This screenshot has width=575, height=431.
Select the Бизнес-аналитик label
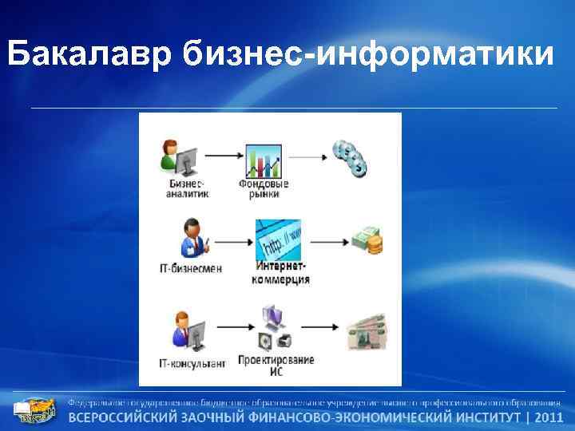[x=187, y=188]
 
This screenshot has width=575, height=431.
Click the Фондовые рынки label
[x=264, y=188]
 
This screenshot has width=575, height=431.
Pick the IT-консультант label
[x=192, y=363]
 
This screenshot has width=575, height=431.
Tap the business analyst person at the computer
[x=179, y=157]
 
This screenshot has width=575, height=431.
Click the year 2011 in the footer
[x=549, y=417]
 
